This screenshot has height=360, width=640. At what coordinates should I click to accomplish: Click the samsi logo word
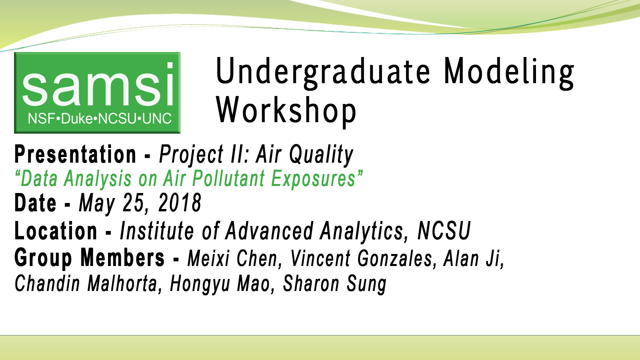pyautogui.click(x=97, y=85)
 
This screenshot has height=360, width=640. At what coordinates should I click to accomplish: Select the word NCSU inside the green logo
pyautogui.click(x=118, y=119)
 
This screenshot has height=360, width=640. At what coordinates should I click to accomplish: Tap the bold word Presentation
pyautogui.click(x=75, y=155)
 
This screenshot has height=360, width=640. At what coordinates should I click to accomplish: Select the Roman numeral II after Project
pyautogui.click(x=239, y=155)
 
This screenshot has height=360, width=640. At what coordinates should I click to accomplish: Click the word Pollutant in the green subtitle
pyautogui.click(x=229, y=179)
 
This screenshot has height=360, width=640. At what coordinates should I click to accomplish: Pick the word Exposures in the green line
pyautogui.click(x=313, y=179)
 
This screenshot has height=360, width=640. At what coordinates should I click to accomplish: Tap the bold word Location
pyautogui.click(x=56, y=231)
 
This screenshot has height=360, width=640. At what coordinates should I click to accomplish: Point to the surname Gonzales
pyautogui.click(x=397, y=259)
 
